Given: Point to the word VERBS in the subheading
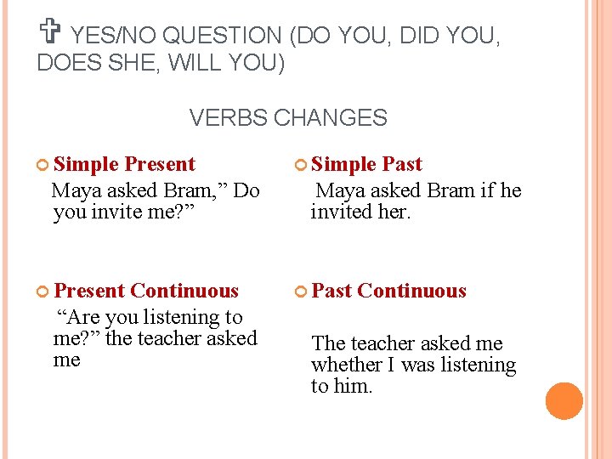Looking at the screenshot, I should (x=226, y=118).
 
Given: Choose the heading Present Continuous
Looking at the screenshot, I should (x=146, y=291).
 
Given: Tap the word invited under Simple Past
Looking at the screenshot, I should (x=340, y=212).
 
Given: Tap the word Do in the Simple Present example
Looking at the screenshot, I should (x=246, y=190).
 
